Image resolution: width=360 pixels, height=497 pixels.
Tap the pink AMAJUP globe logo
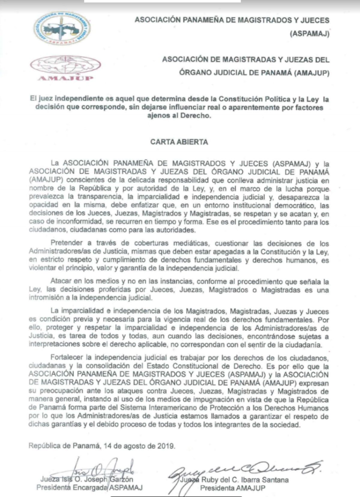click(65, 67)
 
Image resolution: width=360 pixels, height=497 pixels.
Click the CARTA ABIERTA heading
click(179, 142)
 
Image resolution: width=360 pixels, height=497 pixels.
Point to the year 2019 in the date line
click(166, 446)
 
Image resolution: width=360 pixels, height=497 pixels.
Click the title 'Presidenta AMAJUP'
click(233, 488)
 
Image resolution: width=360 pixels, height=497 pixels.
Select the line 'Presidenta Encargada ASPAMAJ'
click(89, 487)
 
